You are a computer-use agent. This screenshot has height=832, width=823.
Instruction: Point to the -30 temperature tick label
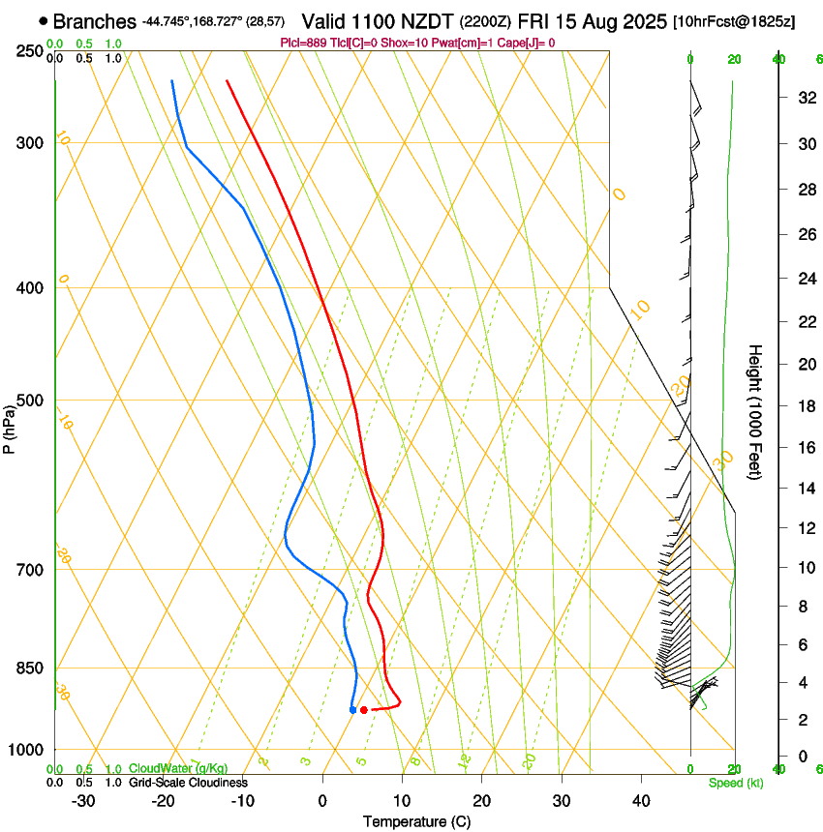click(83, 800)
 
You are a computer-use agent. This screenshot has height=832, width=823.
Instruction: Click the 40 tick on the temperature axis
click(640, 800)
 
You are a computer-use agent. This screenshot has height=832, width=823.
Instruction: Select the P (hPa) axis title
click(10, 426)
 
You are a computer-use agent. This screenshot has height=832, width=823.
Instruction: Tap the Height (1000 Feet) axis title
click(755, 411)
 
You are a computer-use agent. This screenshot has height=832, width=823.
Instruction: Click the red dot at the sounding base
click(363, 710)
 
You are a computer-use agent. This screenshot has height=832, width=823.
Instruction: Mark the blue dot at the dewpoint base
click(352, 710)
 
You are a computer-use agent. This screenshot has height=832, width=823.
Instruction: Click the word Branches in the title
click(94, 21)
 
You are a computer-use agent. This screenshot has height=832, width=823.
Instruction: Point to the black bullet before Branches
click(44, 21)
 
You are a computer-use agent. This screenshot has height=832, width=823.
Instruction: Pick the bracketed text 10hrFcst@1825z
click(734, 21)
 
